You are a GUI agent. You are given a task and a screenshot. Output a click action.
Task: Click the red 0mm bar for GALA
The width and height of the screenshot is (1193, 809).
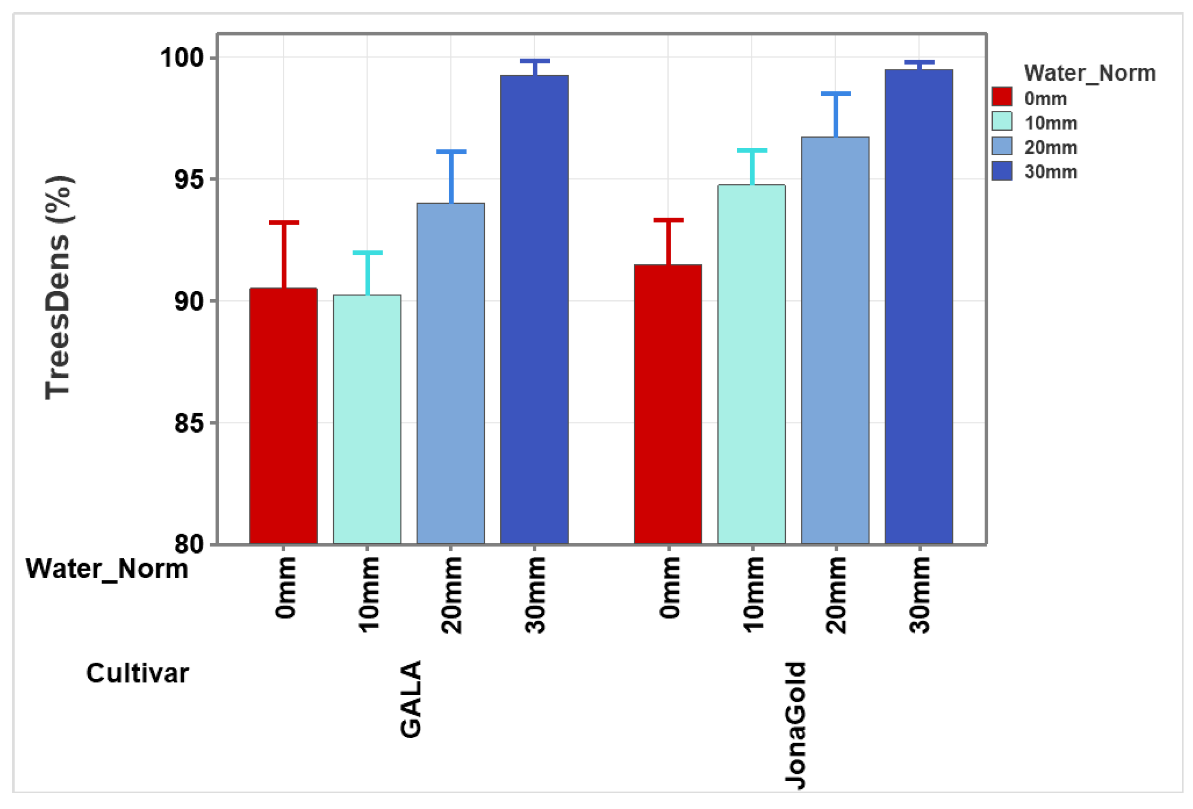(x=283, y=415)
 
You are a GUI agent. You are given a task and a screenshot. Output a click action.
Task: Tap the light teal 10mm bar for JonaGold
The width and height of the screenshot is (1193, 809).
(x=751, y=364)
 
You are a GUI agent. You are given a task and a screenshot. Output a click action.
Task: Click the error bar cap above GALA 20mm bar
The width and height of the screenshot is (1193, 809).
(x=451, y=152)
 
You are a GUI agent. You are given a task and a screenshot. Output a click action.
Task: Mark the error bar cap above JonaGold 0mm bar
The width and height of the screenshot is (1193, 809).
(x=668, y=220)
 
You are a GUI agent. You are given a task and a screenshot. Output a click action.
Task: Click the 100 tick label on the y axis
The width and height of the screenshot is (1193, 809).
(x=182, y=58)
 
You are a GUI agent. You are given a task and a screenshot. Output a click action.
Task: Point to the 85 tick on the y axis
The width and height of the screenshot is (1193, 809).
(x=189, y=423)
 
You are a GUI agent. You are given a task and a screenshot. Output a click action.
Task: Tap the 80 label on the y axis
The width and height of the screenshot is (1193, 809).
(x=189, y=544)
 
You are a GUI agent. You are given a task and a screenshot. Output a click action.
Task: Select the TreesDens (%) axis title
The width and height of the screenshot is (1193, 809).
(x=59, y=288)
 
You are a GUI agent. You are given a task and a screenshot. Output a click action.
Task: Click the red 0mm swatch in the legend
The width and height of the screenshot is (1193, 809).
(x=1002, y=96)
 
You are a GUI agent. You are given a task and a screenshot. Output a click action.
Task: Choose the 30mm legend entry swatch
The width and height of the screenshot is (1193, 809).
(x=1002, y=171)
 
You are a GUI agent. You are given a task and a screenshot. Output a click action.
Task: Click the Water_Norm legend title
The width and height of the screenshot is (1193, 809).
(x=1089, y=73)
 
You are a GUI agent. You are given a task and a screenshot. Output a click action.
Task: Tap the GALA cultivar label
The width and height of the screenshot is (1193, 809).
(x=411, y=699)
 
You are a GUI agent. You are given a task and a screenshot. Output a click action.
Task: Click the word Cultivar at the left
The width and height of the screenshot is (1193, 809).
(x=137, y=673)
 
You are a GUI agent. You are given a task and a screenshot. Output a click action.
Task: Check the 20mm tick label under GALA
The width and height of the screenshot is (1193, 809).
(x=451, y=595)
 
